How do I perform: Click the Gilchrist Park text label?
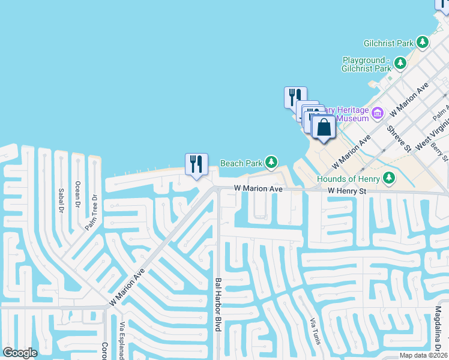(x=388, y=43)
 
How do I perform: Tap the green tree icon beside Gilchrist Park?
(x=424, y=43)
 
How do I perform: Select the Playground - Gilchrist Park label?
(x=367, y=64)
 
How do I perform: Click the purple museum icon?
(x=378, y=113)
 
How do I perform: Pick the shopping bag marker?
(x=324, y=127)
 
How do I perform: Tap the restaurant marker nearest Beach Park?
(x=196, y=164)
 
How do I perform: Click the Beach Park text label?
(x=241, y=163)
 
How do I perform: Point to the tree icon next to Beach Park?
(x=272, y=162)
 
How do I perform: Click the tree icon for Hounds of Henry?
(x=389, y=178)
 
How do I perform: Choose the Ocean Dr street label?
(x=77, y=194)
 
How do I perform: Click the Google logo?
(x=20, y=353)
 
